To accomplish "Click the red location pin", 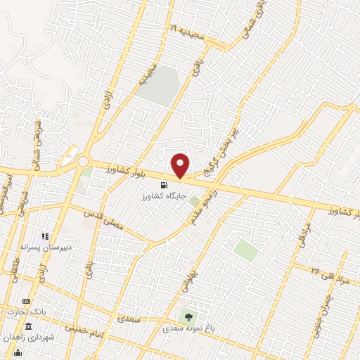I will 181,165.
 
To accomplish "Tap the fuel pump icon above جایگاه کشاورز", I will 165,185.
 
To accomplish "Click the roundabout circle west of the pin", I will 83,162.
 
